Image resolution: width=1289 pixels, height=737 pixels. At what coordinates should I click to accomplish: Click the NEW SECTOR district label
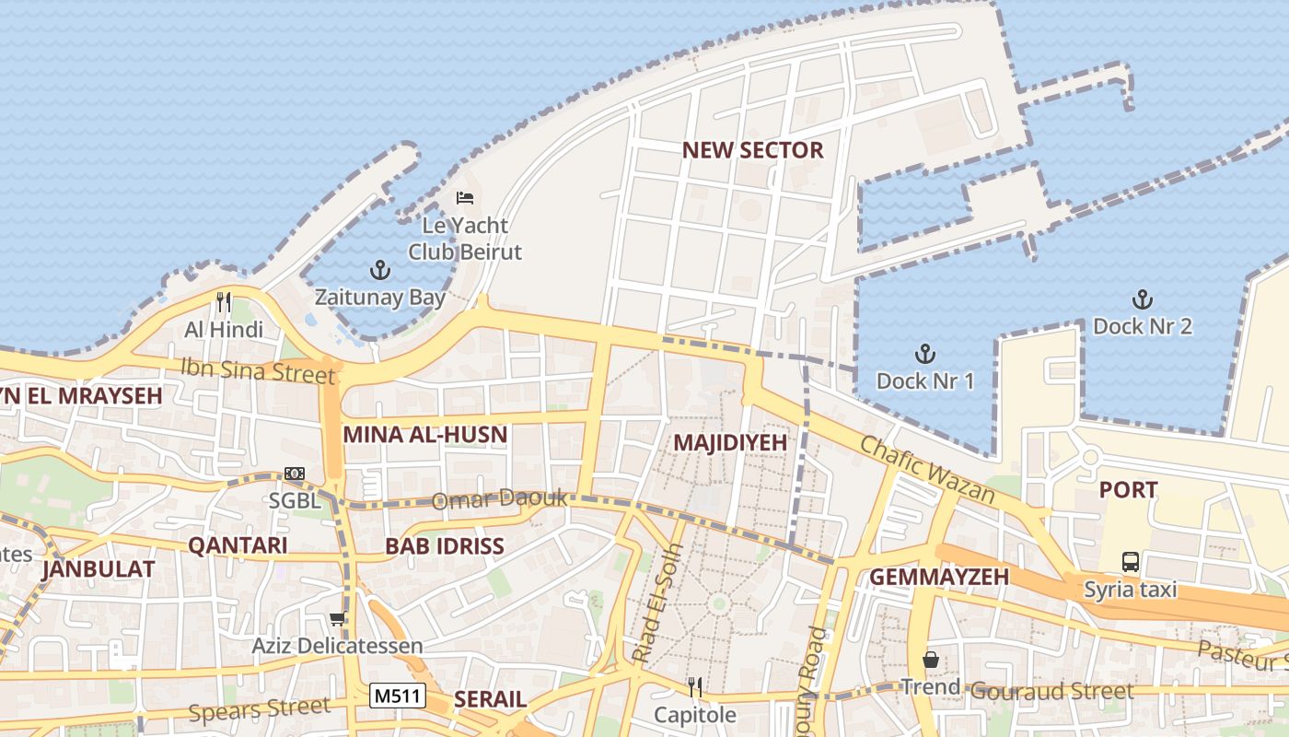(x=752, y=151)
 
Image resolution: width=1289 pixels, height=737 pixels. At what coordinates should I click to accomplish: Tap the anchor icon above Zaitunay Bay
(x=379, y=270)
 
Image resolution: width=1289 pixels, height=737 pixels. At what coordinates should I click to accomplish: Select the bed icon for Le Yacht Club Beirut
(x=465, y=197)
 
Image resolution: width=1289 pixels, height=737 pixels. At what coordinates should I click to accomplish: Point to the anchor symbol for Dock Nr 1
(x=924, y=354)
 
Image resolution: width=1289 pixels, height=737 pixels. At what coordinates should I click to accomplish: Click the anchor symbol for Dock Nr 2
(x=1142, y=299)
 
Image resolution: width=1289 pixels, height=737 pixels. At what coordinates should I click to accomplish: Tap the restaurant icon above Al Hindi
(x=223, y=301)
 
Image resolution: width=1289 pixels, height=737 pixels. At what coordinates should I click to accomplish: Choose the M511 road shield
(x=398, y=696)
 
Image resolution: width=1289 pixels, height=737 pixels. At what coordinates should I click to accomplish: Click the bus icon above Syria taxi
(x=1130, y=561)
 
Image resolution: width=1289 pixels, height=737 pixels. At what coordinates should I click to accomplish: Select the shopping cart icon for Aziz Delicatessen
(x=337, y=619)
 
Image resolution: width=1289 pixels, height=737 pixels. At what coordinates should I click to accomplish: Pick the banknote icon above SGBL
(x=295, y=474)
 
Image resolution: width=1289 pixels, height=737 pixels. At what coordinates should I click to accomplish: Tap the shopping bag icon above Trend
(x=930, y=660)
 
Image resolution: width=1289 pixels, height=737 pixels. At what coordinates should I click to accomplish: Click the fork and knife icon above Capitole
(x=695, y=686)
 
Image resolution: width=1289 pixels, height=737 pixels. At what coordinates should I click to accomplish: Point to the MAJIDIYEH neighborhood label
(x=730, y=443)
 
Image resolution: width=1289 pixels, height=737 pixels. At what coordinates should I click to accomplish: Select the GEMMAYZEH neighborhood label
(x=939, y=578)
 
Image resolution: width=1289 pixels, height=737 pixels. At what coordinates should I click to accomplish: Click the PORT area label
(x=1128, y=490)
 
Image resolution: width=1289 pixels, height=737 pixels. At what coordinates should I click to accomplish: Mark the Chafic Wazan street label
(x=927, y=470)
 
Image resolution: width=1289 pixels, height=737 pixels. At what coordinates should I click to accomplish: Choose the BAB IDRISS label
(x=445, y=546)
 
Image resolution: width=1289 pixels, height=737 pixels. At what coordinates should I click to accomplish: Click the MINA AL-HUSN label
(x=425, y=435)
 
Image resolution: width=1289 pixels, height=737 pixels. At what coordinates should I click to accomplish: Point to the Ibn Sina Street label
(x=257, y=370)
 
